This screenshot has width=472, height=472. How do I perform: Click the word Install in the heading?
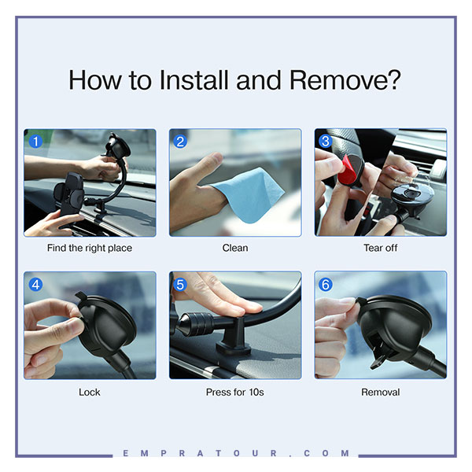pos(194,79)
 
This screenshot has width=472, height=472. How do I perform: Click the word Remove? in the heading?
pos(345,79)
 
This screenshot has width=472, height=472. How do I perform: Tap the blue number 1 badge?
pos(36,142)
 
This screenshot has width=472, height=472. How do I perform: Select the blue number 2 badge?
pos(180,142)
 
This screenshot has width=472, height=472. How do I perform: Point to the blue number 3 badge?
pos(326,141)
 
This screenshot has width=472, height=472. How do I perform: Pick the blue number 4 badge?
pos(36,285)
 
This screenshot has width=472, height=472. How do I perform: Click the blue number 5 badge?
pos(180,285)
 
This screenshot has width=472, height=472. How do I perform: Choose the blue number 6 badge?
pos(326,285)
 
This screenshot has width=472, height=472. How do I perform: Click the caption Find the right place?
pos(90,248)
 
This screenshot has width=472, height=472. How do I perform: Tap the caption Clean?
pos(235,248)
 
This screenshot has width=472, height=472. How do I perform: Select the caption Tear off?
pos(381,248)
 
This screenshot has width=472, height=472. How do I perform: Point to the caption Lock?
pos(90,392)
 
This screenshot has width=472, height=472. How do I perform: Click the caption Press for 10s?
pos(234,392)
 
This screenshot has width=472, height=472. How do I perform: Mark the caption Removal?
pos(381,392)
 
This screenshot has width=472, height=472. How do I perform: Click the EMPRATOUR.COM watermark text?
pos(236,453)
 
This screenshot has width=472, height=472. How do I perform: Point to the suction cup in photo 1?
pos(118,146)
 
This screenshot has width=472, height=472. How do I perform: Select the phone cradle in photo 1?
pos(69,195)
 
